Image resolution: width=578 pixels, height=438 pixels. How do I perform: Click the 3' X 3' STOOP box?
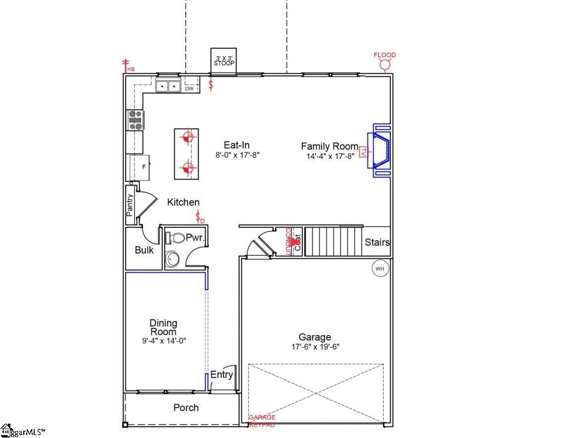(x=224, y=61)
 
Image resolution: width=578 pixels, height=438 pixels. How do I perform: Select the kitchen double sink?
(x=168, y=87)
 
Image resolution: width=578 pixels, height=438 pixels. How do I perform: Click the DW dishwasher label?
(x=189, y=89)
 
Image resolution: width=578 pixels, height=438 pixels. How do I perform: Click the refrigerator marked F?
(x=140, y=167)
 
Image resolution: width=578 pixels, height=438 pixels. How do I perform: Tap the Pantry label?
(x=130, y=205)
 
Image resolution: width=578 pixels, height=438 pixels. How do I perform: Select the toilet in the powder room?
(x=175, y=238)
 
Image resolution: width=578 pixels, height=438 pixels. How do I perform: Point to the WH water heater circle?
(x=380, y=269)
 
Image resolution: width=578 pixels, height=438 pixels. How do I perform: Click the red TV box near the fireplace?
(x=363, y=152)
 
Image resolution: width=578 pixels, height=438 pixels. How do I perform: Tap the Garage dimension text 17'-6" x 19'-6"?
(x=315, y=347)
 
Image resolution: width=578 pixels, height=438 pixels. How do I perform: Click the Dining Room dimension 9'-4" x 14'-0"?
(x=164, y=341)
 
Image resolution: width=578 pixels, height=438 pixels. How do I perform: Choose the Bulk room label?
(x=144, y=250)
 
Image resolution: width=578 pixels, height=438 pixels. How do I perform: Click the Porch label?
(x=186, y=408)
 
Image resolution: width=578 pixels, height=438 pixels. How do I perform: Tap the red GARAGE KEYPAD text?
(x=262, y=421)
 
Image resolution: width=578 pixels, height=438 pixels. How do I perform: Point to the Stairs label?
(x=377, y=243)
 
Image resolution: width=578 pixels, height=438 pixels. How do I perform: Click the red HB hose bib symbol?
(x=126, y=65)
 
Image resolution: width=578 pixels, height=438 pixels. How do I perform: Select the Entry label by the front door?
(x=221, y=375)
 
